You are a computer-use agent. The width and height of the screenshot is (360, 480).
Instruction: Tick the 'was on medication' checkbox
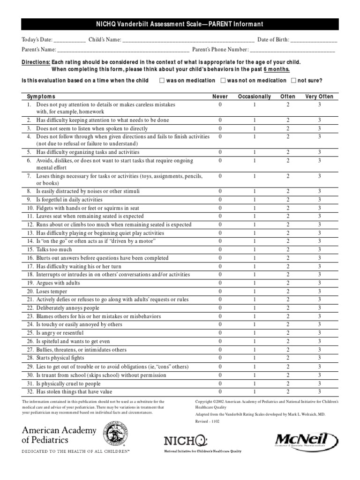tap(162, 81)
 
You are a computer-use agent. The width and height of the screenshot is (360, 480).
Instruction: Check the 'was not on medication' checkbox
tap(223, 81)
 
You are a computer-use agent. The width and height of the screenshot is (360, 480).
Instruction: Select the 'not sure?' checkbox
tap(293, 81)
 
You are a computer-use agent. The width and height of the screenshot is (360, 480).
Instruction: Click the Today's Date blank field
tap(70, 41)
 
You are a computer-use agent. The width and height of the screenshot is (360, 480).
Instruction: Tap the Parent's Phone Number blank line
tap(292, 50)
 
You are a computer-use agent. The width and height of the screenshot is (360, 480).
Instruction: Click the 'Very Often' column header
tap(319, 97)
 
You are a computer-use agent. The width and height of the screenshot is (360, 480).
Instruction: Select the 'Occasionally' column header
tap(255, 97)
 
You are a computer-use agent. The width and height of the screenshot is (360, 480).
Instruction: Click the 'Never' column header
tap(220, 97)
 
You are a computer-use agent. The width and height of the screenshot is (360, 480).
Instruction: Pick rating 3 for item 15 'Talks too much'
tap(319, 250)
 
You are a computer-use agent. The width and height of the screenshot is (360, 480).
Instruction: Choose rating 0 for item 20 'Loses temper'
tap(220, 291)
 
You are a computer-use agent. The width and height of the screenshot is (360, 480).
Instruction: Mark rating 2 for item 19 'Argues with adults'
tap(288, 283)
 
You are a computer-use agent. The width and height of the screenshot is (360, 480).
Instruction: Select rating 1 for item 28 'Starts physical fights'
tap(255, 358)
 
